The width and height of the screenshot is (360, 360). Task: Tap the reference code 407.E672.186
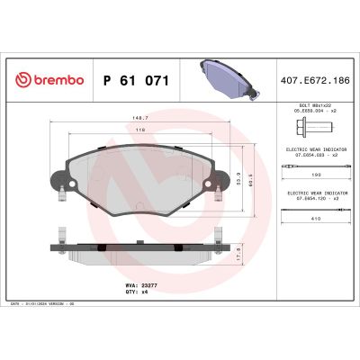point(317,81)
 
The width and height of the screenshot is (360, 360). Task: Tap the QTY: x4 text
point(135,291)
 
